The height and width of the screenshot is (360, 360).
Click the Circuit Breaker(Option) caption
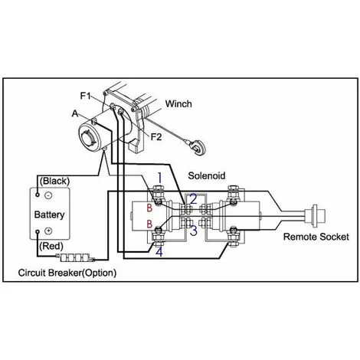click(75, 273)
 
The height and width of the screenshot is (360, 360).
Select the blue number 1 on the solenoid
click(159, 178)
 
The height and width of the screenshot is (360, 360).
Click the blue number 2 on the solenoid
click(193, 198)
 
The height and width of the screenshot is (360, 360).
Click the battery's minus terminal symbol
click(48, 195)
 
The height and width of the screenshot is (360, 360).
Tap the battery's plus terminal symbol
click(48, 231)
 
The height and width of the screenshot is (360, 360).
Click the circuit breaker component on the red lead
click(77, 259)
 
